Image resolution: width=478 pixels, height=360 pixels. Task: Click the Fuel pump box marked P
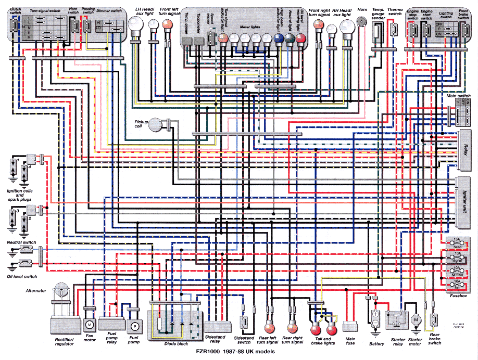(134, 326)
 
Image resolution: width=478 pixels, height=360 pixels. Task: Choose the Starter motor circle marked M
(416, 318)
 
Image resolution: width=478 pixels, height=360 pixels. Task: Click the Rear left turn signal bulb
(269, 328)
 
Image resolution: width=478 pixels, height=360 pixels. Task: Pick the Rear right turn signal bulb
(292, 328)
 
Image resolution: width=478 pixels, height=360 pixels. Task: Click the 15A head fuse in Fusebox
(457, 243)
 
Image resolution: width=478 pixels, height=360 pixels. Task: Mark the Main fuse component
(350, 327)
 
